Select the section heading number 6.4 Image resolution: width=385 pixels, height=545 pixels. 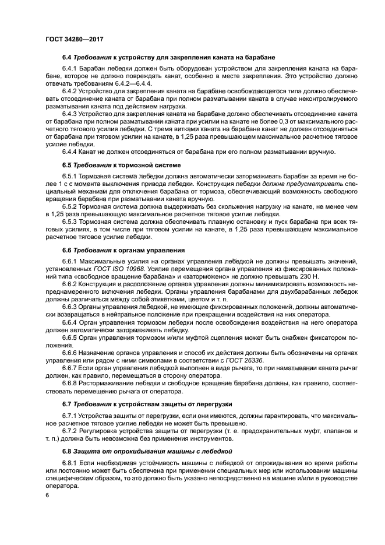pos(66,57)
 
